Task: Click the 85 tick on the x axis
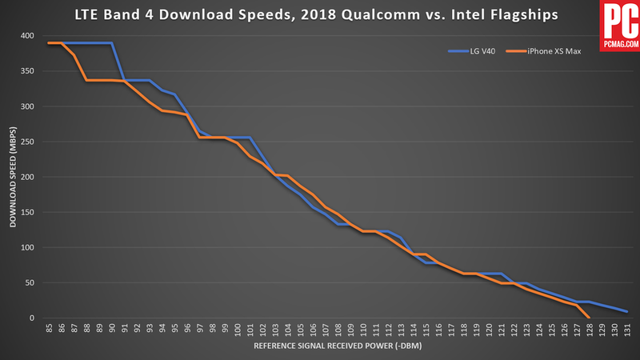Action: coord(50,330)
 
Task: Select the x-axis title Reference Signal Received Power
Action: coord(337,348)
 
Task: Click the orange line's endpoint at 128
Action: coord(589,318)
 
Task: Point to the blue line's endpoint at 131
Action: coord(626,311)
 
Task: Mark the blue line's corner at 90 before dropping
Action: coord(112,43)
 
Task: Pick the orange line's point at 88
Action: coord(86,80)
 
